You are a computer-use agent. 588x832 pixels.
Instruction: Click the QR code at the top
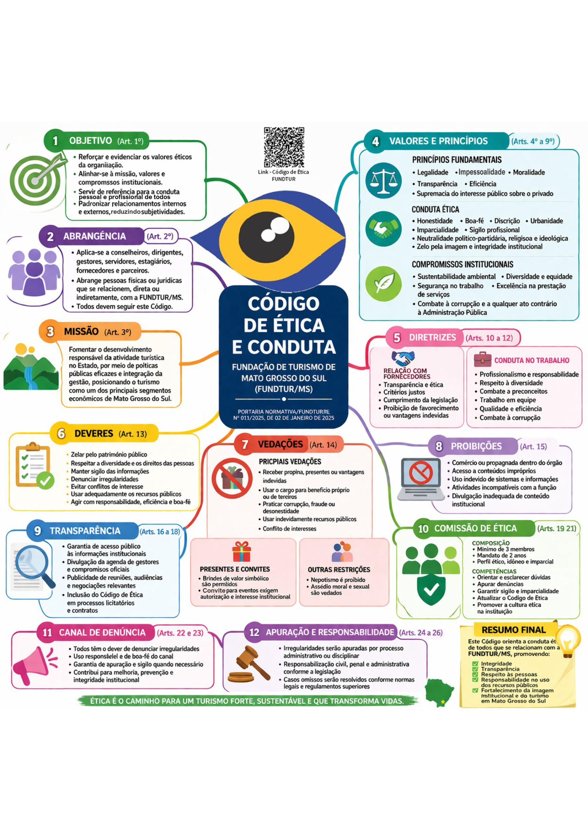pos(284,147)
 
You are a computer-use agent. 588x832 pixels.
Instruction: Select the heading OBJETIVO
pos(91,141)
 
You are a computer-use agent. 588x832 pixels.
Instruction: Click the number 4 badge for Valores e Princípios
pos(376,141)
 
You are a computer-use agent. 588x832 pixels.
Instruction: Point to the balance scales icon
pos(383,180)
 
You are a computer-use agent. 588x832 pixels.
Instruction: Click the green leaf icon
pos(383,284)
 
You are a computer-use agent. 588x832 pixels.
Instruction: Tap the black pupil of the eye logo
pos(266,237)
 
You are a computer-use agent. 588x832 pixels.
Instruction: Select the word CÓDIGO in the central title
pos(283,303)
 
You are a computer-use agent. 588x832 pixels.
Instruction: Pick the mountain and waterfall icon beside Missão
pos(31,368)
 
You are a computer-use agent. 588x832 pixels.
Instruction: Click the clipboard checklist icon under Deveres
pos(34,466)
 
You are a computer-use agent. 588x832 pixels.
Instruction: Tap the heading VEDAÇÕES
pos(280,444)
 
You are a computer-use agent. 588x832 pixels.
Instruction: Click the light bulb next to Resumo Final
pos(568,641)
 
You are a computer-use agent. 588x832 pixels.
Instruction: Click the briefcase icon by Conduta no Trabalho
pos(482,359)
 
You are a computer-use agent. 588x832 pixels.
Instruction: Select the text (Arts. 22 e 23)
pos(180,633)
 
